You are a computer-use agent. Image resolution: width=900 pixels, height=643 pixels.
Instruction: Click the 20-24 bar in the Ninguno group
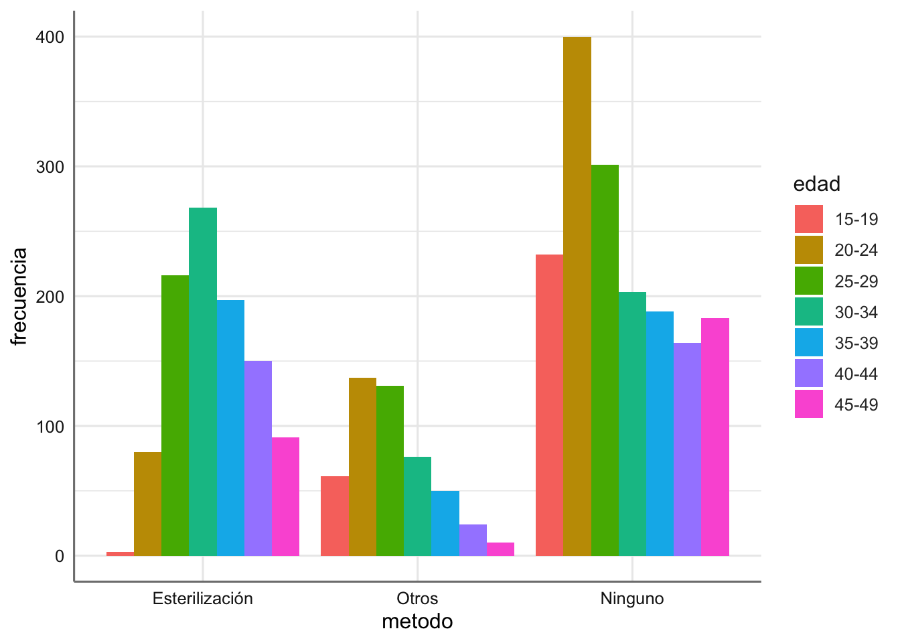(577, 296)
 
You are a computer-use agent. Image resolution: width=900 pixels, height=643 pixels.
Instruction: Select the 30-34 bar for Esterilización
(203, 382)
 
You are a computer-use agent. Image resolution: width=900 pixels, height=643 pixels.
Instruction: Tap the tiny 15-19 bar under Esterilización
(121, 553)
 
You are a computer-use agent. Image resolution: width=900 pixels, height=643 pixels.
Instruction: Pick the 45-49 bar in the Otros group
(500, 549)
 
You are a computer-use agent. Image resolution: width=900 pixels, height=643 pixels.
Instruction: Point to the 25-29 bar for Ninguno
(605, 360)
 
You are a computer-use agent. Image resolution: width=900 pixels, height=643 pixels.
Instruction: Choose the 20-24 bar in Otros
(362, 467)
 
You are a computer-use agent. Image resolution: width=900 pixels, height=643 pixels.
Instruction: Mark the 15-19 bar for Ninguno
(550, 405)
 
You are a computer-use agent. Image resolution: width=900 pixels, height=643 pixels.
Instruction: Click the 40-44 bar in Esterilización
(258, 458)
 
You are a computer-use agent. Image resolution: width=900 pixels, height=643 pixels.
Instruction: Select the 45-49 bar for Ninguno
(715, 437)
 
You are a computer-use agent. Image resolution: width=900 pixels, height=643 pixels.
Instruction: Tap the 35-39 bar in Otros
(445, 523)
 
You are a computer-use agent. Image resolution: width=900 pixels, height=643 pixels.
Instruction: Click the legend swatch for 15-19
(809, 219)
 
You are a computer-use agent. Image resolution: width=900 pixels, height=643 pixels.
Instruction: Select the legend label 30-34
(856, 312)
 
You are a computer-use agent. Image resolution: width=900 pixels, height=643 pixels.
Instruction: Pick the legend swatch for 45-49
(809, 405)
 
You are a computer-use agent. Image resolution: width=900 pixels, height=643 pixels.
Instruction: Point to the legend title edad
(816, 184)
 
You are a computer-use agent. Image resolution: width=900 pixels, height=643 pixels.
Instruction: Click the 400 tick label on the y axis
(50, 38)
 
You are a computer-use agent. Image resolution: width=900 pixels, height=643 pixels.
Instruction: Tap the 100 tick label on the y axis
(50, 427)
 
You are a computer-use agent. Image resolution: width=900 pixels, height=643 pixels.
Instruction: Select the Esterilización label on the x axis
(203, 599)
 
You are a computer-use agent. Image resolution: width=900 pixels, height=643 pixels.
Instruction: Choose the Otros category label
(417, 599)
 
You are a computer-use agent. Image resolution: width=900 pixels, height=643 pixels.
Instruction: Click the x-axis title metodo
(417, 622)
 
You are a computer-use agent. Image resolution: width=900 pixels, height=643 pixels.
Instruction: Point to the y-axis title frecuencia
(20, 296)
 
